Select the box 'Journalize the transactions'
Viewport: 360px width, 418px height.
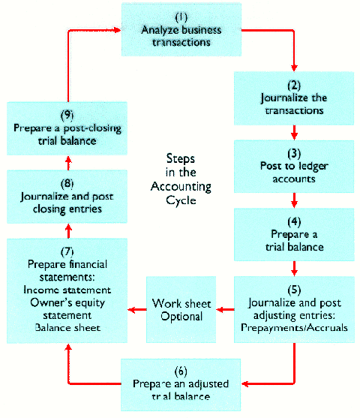[x=292, y=98]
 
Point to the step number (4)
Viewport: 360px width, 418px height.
[x=292, y=221]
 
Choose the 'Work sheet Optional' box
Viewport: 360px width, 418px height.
[x=178, y=309]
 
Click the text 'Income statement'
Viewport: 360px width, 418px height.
[x=67, y=289]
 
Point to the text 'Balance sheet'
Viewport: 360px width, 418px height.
[x=67, y=327]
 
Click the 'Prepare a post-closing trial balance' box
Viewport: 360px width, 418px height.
[x=67, y=128]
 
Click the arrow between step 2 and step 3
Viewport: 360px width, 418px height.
[x=293, y=132]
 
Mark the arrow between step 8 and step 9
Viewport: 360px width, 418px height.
[x=67, y=160]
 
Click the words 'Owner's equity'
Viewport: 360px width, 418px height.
[x=67, y=302]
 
